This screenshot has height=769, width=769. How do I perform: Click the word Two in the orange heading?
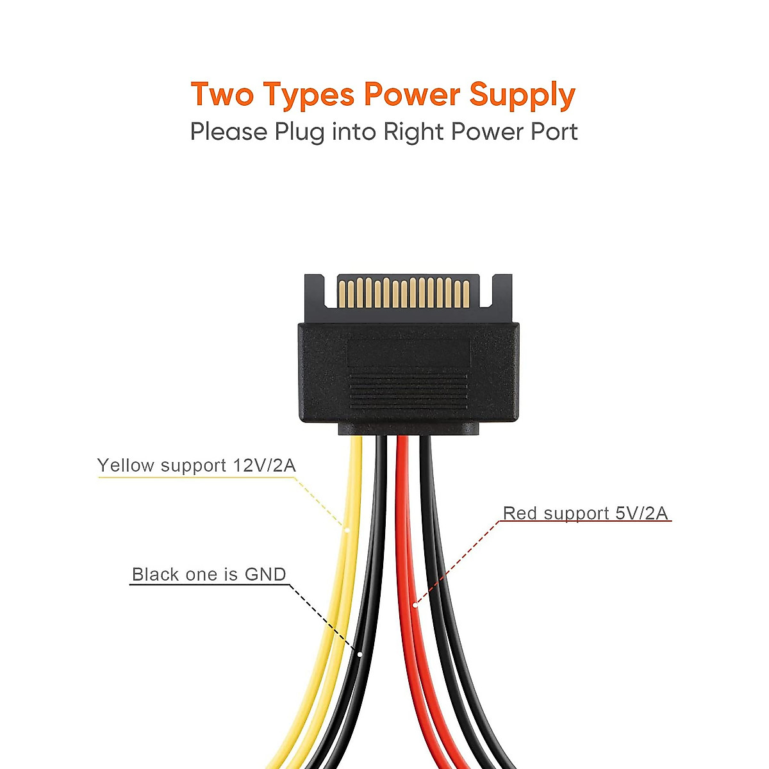pyautogui.click(x=222, y=94)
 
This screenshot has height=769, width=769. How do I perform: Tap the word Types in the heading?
pyautogui.click(x=309, y=95)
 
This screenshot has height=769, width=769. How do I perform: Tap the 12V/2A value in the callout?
pyautogui.click(x=264, y=465)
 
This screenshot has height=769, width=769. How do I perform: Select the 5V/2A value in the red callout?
pyautogui.click(x=641, y=513)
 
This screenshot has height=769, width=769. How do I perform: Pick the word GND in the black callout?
pyautogui.click(x=265, y=574)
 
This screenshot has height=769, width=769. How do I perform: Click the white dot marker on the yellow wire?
pyautogui.click(x=347, y=530)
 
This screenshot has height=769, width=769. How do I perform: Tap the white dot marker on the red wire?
pyautogui.click(x=415, y=604)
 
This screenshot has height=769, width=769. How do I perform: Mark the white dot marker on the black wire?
pyautogui.click(x=360, y=654)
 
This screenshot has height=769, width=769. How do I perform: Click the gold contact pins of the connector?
pyautogui.click(x=404, y=292)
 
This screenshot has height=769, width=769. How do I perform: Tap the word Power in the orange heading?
pyautogui.click(x=411, y=94)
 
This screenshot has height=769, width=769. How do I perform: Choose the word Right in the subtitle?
pyautogui.click(x=414, y=132)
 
